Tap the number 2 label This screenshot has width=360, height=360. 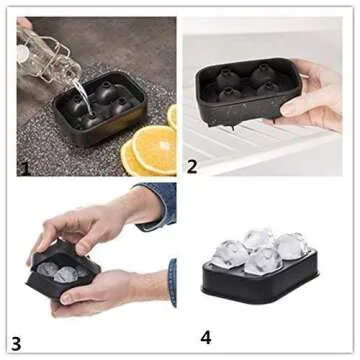(191, 166)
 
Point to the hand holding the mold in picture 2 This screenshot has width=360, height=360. (318, 95)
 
